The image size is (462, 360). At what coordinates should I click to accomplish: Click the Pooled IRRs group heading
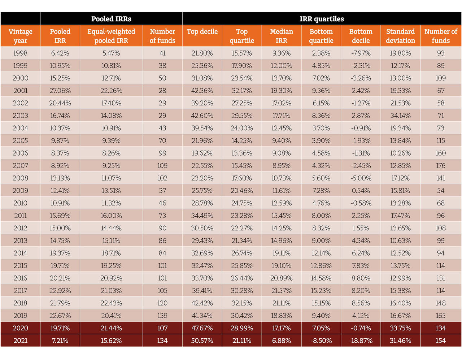pyautogui.click(x=111, y=19)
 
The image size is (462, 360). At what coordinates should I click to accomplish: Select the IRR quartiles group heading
pyautogui.click(x=322, y=19)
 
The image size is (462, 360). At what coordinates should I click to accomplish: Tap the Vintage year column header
pyautogui.click(x=21, y=36)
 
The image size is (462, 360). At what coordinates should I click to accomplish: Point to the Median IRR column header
pyautogui.click(x=282, y=36)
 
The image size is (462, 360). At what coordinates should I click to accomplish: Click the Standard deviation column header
pyautogui.click(x=400, y=36)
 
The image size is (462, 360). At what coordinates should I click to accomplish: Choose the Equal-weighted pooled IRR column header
pyautogui.click(x=111, y=36)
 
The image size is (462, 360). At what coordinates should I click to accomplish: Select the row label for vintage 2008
pyautogui.click(x=21, y=178)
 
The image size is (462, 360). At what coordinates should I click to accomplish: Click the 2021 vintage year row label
pyautogui.click(x=21, y=341)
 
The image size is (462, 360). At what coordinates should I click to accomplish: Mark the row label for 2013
pyautogui.click(x=21, y=240)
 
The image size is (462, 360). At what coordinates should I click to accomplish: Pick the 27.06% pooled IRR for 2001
pyautogui.click(x=60, y=91)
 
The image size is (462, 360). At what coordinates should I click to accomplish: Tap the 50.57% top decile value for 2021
pyautogui.click(x=202, y=341)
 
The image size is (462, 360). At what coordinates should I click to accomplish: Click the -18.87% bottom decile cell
pyautogui.click(x=361, y=341)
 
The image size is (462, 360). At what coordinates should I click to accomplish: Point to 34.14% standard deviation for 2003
pyautogui.click(x=400, y=116)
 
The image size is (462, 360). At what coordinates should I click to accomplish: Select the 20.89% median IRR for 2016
pyautogui.click(x=282, y=278)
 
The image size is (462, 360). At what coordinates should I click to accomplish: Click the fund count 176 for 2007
pyautogui.click(x=441, y=166)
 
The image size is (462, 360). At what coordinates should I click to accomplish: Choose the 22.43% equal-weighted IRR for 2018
pyautogui.click(x=111, y=303)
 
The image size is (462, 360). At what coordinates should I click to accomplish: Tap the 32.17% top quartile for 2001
pyautogui.click(x=242, y=91)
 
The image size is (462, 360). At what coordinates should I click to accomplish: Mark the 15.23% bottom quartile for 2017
pyautogui.click(x=321, y=291)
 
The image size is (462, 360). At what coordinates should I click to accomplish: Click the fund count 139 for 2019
pyautogui.click(x=162, y=316)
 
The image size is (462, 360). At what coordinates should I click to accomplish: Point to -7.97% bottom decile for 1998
pyautogui.click(x=361, y=53)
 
